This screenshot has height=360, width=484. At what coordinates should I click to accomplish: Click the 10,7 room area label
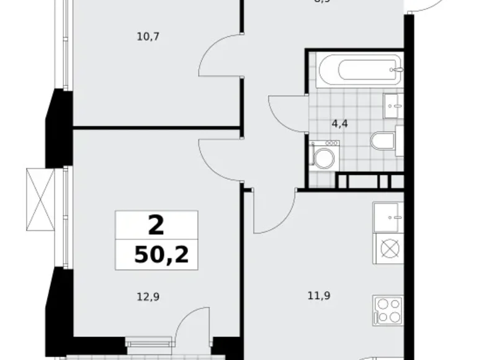click(x=148, y=37)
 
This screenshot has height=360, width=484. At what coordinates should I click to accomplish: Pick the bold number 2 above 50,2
click(x=156, y=225)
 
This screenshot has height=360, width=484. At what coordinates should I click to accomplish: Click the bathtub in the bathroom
click(x=359, y=69)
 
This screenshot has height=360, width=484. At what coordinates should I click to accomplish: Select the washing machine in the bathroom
click(x=323, y=157)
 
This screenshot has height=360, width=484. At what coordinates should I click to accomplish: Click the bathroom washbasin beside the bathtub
click(x=393, y=106)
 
